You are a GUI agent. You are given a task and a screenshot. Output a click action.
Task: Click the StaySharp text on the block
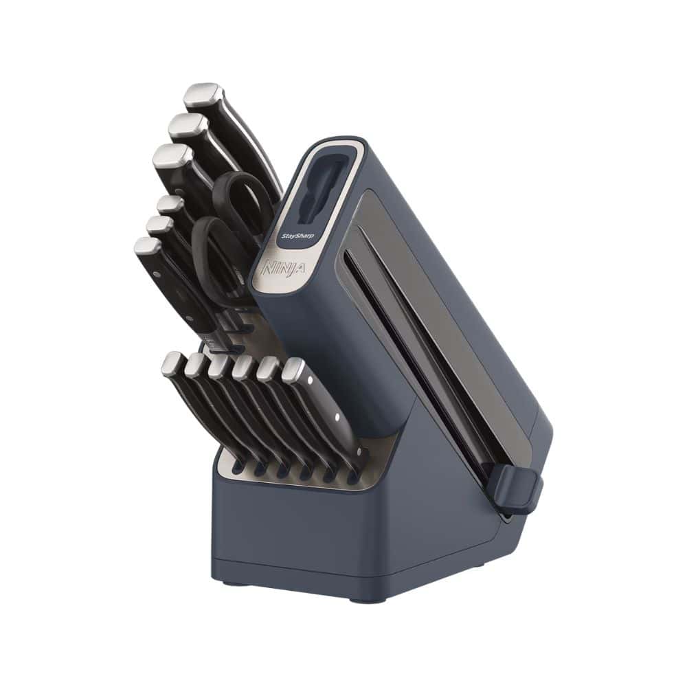(x=298, y=236)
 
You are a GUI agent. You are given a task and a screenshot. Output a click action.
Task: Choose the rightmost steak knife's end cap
(x=293, y=371)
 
